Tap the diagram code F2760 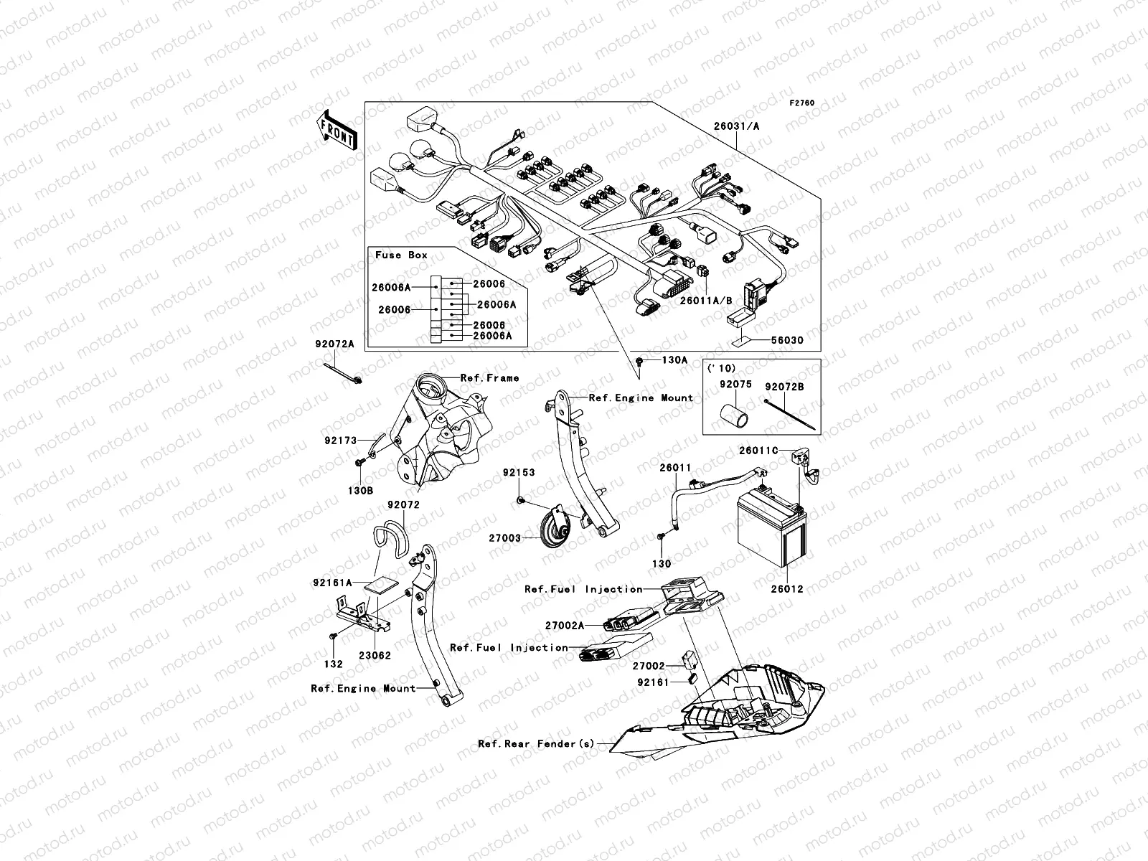(x=802, y=103)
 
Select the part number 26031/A (x=735, y=126)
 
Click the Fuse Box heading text (x=401, y=255)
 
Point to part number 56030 (x=787, y=340)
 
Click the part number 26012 (x=787, y=589)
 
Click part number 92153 (x=518, y=473)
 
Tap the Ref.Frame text (x=489, y=377)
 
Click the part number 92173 (x=340, y=441)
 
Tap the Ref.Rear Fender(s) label (x=536, y=743)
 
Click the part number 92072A (x=334, y=344)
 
